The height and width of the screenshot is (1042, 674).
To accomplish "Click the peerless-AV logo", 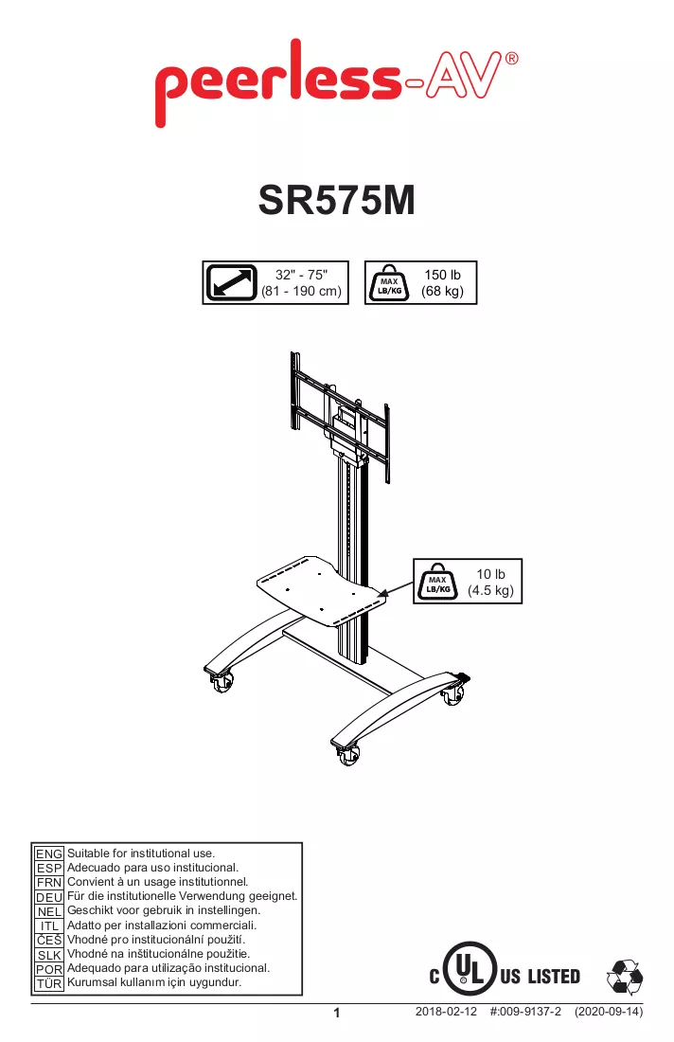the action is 336,83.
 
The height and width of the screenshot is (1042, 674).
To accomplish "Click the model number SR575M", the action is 337,200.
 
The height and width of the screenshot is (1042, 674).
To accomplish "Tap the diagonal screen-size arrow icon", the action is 231,282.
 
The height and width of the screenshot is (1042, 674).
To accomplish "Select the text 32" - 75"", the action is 301,275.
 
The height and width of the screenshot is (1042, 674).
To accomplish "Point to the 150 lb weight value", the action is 442,275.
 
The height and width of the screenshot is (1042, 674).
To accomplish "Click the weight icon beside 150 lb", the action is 389,283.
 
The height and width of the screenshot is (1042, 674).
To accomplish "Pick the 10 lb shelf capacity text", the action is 490,574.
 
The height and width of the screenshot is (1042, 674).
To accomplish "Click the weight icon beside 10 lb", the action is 437,583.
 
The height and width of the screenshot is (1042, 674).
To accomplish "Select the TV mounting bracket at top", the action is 339,415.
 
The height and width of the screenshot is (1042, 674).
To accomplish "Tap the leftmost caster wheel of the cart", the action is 222,681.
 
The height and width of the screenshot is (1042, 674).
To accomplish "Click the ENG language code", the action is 49,853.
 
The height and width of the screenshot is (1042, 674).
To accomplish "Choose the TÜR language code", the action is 49,983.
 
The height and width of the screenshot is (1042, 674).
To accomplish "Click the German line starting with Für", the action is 183,896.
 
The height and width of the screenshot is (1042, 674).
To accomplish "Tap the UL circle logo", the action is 470,968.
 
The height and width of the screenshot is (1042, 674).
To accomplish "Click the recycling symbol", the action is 625,978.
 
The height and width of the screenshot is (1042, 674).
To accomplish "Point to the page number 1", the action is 337,1013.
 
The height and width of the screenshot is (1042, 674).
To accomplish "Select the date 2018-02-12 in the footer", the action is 446,1012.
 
